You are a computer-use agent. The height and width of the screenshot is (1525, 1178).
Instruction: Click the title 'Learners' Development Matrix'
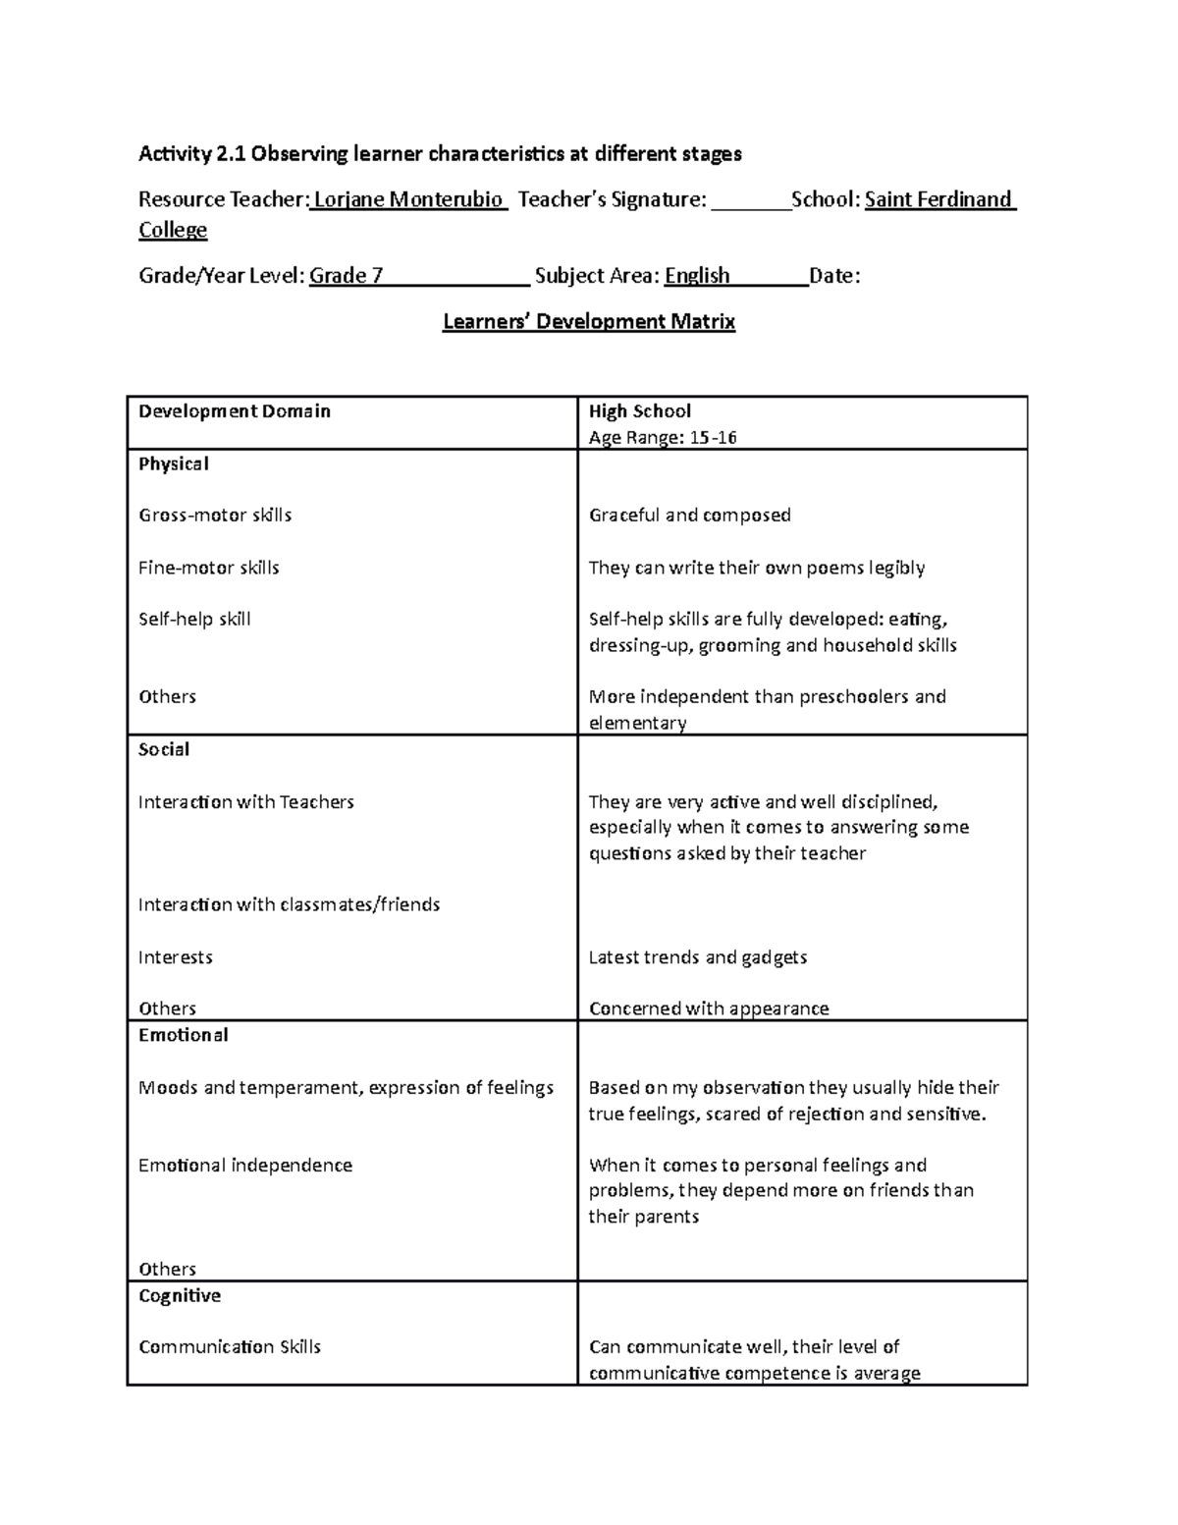(x=588, y=321)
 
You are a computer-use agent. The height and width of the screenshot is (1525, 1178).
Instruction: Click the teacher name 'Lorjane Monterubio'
(x=407, y=199)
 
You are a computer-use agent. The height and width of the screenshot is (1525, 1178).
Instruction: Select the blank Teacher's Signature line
(x=750, y=201)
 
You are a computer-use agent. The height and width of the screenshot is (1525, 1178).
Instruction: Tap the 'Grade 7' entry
(x=346, y=275)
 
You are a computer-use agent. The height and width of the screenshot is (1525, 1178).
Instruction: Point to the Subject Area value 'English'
(x=697, y=275)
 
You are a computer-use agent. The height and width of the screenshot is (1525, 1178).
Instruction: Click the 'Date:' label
(x=833, y=275)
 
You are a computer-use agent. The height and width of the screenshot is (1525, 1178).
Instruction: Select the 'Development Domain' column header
(x=234, y=411)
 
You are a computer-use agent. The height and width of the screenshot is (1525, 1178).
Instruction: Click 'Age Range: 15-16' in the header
(x=662, y=437)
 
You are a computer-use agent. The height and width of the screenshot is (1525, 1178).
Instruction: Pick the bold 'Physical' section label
(x=173, y=463)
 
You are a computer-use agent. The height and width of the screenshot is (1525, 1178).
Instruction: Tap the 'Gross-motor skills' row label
(x=215, y=515)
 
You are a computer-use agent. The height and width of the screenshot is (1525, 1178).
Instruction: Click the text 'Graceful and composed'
(x=689, y=515)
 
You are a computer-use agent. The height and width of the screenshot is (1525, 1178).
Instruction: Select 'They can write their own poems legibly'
(x=756, y=568)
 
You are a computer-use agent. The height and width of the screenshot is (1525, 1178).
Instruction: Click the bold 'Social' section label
(x=164, y=749)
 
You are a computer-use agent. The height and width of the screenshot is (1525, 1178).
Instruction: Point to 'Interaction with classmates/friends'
(x=289, y=904)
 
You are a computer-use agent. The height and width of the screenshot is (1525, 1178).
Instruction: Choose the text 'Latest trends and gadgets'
(x=697, y=956)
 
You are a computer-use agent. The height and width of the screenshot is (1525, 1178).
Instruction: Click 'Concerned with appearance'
(x=708, y=1008)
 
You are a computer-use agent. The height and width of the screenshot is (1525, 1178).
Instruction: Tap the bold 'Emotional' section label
(x=183, y=1035)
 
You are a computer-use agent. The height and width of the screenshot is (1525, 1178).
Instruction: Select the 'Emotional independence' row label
(x=244, y=1165)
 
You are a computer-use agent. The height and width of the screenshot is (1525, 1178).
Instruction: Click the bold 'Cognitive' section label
(x=179, y=1295)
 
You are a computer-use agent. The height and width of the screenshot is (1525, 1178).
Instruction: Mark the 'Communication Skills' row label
(x=230, y=1346)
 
